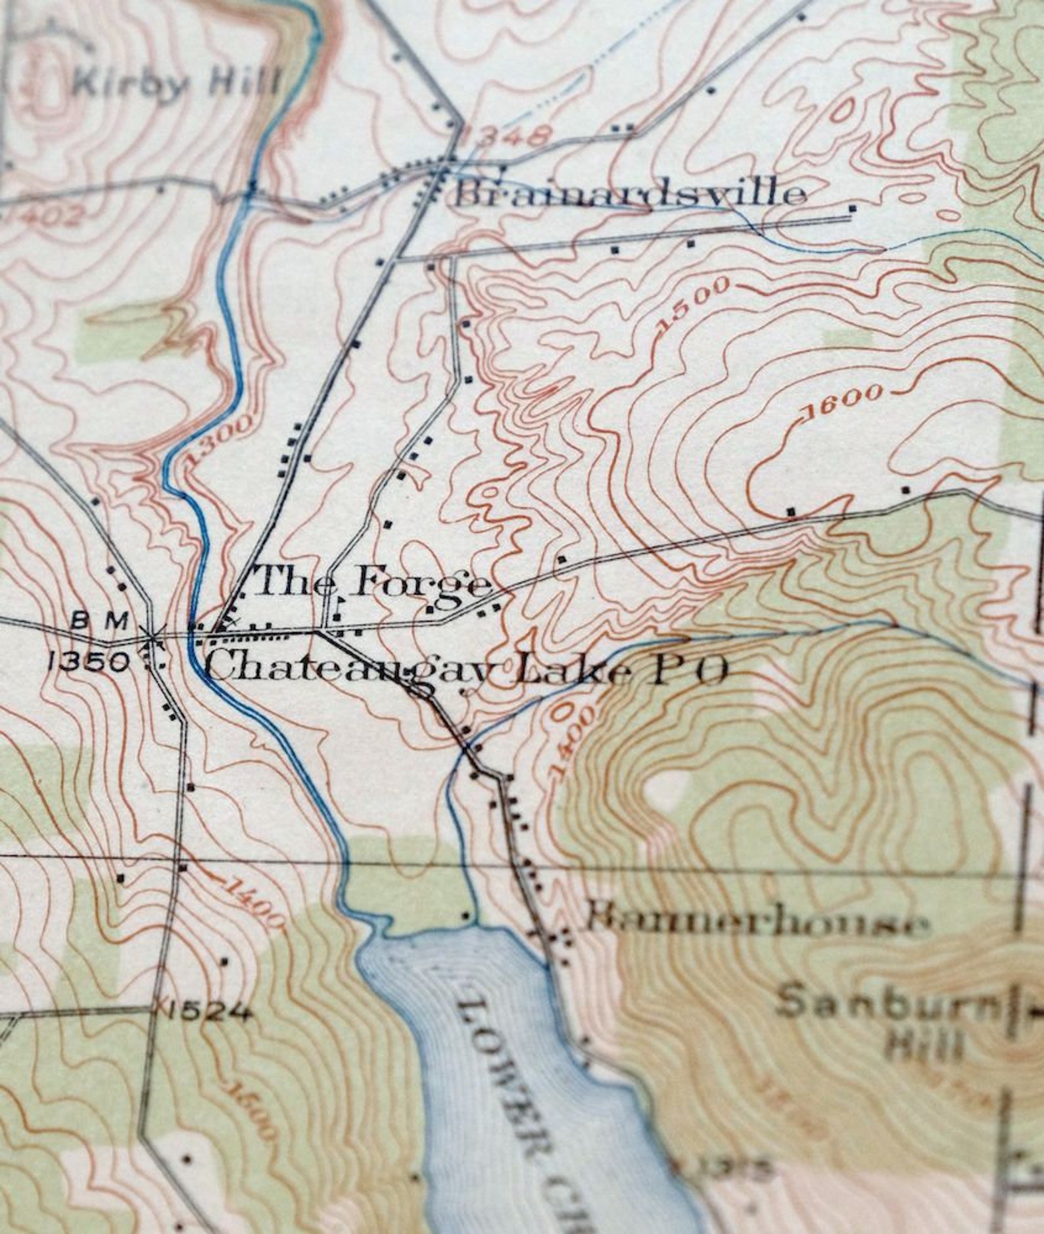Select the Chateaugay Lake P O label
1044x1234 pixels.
pyautogui.click(x=467, y=671)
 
